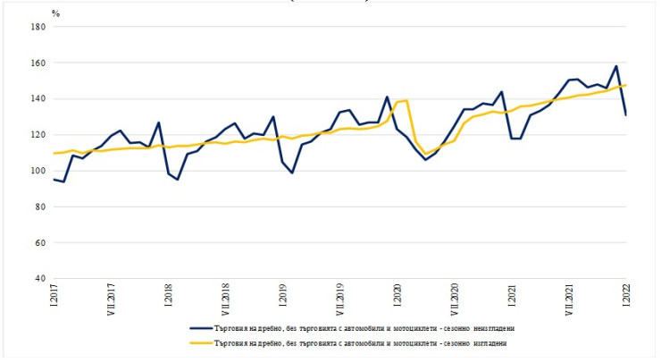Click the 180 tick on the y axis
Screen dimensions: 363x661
[38, 27]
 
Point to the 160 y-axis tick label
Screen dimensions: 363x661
[38, 63]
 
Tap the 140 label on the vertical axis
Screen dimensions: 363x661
[38, 99]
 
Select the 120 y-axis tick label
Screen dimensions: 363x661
[38, 135]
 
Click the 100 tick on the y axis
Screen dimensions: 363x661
[38, 171]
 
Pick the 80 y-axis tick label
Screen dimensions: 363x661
[39, 207]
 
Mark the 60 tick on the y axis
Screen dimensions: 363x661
[39, 242]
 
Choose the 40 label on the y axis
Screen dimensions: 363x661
[39, 279]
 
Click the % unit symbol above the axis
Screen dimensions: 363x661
[55, 13]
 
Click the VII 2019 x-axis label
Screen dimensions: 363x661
[339, 300]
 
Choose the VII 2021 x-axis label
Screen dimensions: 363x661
[568, 300]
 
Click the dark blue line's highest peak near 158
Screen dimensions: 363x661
[615, 66]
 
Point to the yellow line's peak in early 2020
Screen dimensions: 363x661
[406, 100]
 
